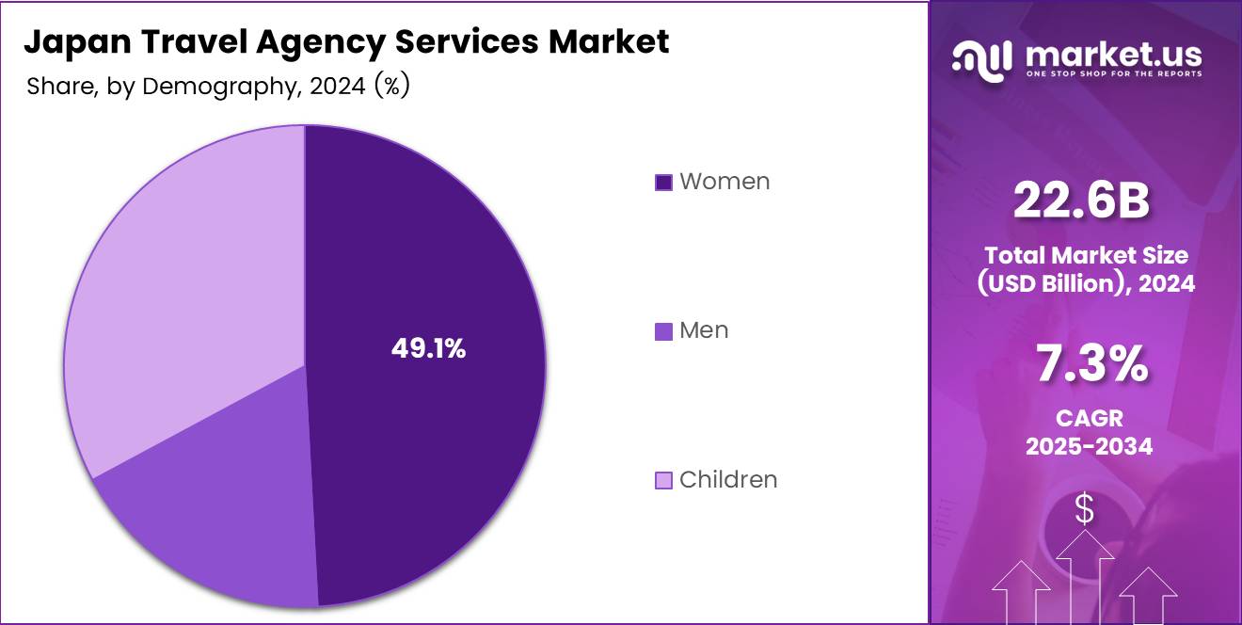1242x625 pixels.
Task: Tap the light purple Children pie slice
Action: [x=179, y=282]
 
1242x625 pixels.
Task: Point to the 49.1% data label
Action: [x=428, y=349]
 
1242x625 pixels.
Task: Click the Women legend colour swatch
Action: [x=663, y=183]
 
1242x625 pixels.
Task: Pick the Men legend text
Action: [x=704, y=330]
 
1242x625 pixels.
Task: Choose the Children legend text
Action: [x=728, y=479]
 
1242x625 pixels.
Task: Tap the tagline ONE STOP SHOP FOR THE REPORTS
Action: [x=1113, y=73]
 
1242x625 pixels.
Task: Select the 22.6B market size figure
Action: [x=1081, y=201]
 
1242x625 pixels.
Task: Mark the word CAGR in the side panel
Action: [x=1089, y=418]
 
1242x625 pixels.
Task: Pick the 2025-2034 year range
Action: [x=1089, y=446]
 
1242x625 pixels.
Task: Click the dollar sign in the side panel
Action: [x=1085, y=509]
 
